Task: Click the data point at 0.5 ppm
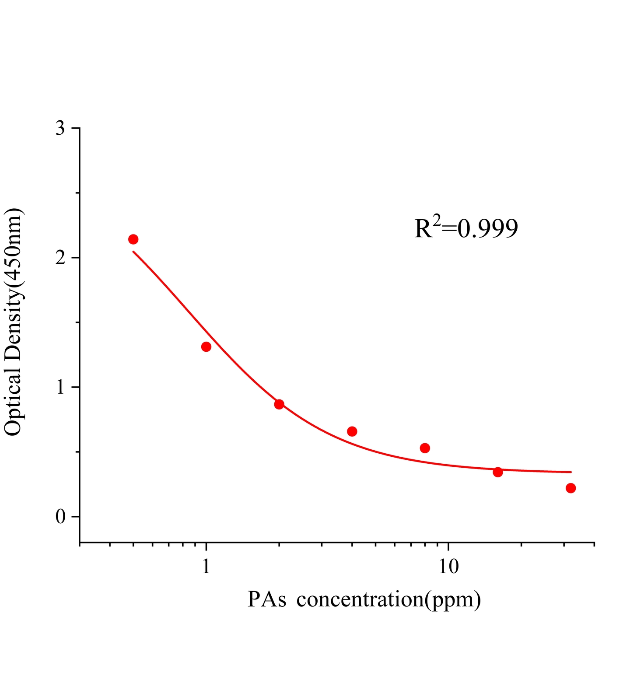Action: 133,239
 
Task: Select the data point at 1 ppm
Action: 206,347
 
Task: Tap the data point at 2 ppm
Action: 279,404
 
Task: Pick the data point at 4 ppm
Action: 352,431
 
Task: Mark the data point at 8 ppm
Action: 425,448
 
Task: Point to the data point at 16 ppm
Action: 498,472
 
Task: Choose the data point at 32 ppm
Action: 570,488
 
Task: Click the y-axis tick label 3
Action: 60,129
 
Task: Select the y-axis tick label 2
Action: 60,258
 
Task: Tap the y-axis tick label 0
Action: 60,517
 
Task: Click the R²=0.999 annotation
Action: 466,228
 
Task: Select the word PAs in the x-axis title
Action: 267,599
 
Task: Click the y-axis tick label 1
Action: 60,388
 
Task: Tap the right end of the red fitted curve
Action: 570,472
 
